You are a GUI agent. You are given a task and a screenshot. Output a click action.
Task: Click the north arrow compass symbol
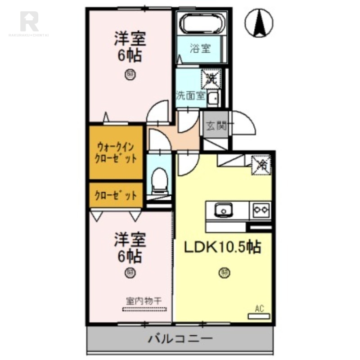click(260, 23)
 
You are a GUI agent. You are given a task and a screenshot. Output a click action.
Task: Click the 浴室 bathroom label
click(200, 48)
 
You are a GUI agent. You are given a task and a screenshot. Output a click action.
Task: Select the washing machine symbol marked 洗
click(211, 78)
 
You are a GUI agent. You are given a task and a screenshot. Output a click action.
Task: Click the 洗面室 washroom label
click(190, 96)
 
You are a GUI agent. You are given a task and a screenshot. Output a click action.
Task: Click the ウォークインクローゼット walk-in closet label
click(116, 153)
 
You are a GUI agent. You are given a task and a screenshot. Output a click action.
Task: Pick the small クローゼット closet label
click(116, 195)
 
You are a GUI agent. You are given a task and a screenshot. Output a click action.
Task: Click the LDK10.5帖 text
click(221, 247)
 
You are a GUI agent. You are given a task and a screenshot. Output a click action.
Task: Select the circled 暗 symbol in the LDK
click(223, 272)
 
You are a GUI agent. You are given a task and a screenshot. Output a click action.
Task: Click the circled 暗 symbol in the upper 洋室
click(130, 74)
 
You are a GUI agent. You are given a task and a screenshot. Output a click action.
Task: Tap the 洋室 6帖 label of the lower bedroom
click(130, 247)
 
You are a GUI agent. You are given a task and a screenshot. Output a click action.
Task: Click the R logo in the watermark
click(29, 21)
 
